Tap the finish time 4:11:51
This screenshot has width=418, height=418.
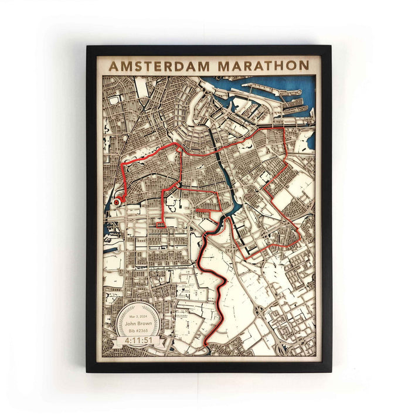coord(137,339)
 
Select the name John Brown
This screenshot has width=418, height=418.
coord(137,322)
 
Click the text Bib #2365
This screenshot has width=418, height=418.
coord(137,330)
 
